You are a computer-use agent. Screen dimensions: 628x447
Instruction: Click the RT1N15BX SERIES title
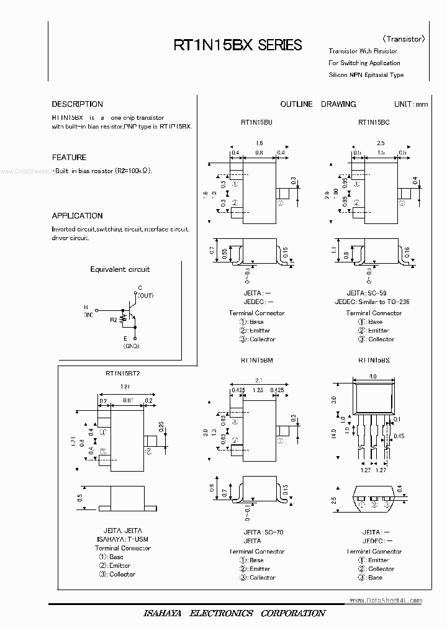[x=238, y=45]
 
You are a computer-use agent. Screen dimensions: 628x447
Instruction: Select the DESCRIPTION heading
[x=77, y=104]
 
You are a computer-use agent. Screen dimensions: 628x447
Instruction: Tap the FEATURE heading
[x=69, y=158]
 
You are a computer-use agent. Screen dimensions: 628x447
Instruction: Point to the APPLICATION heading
[x=77, y=216]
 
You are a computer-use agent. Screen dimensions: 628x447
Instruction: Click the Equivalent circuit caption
[x=120, y=269]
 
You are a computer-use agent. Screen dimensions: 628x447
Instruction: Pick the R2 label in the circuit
[x=113, y=320]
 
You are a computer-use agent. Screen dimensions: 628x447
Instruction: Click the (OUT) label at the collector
[x=145, y=296]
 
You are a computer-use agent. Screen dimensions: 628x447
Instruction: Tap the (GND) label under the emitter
[x=131, y=346]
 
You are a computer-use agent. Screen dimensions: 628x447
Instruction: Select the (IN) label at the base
[x=88, y=315]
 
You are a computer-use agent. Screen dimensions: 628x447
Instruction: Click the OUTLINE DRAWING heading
[x=318, y=104]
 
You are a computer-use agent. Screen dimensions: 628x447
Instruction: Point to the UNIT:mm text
[x=410, y=104]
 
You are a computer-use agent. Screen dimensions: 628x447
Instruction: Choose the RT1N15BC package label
[x=373, y=123]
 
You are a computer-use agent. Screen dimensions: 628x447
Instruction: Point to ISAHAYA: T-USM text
[x=123, y=539]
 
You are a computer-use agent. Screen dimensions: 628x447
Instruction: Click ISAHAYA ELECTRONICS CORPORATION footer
[x=235, y=613]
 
